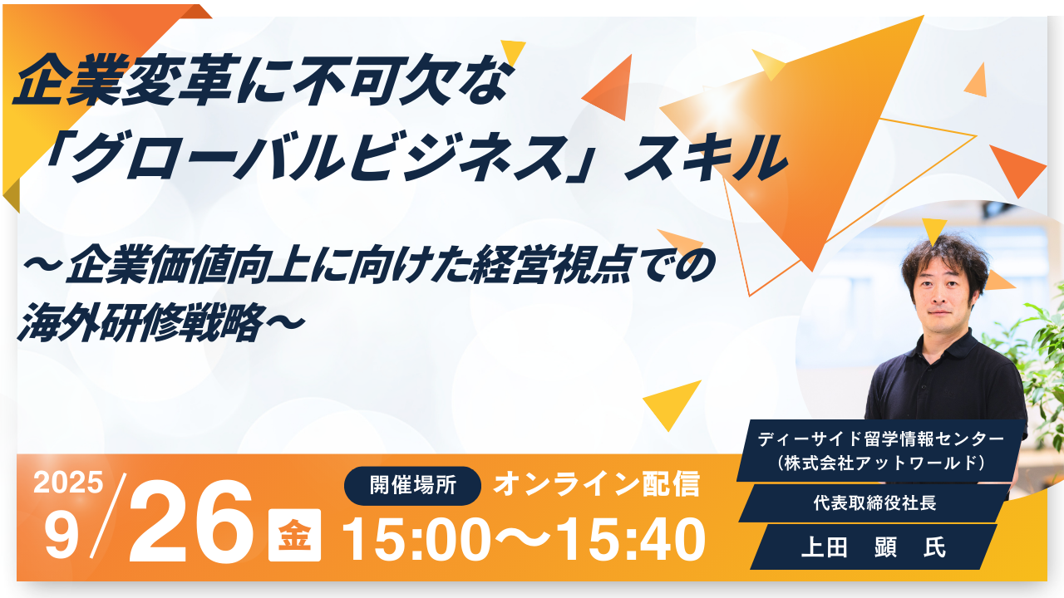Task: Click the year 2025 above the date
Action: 68,483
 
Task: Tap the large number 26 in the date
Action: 191,520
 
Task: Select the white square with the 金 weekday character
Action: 294,535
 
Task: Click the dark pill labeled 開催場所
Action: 412,486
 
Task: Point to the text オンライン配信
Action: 596,484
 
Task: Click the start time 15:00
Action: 416,540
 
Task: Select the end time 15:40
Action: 631,540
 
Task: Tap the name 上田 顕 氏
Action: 873,547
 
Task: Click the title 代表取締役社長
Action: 874,503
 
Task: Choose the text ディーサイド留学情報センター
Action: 882,439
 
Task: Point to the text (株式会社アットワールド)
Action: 882,463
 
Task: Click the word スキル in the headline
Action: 706,158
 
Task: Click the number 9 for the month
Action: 62,537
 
